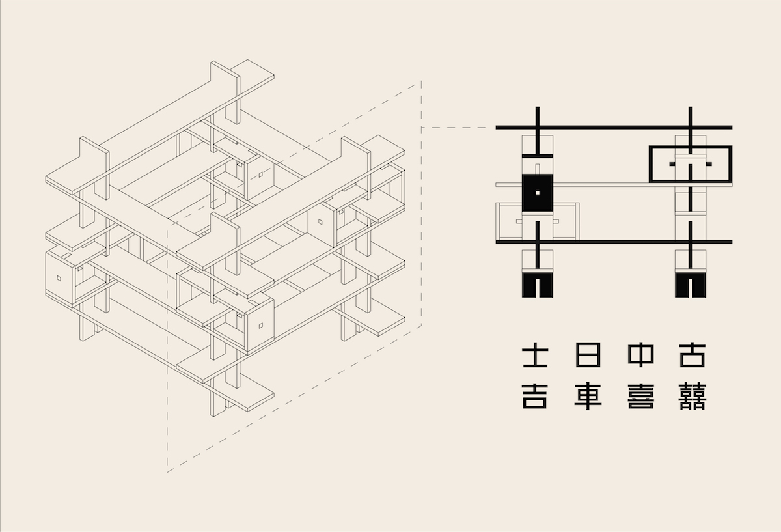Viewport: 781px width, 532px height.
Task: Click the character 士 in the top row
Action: tap(535, 355)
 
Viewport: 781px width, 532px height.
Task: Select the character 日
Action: tap(588, 355)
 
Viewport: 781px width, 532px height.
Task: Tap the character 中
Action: tap(640, 355)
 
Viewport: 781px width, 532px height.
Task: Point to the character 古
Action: tap(692, 355)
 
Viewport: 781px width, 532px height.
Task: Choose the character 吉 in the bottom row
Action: tap(535, 397)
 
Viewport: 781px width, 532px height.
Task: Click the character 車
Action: tap(588, 397)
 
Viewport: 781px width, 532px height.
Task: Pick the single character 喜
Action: tap(640, 397)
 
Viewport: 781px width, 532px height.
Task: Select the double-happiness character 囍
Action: tap(692, 397)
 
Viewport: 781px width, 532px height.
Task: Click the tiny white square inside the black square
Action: tap(538, 193)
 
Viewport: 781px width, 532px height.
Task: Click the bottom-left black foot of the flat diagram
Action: tap(538, 285)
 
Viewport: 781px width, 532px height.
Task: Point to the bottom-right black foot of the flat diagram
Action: tap(691, 285)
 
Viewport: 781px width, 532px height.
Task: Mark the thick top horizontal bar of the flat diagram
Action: tap(614, 128)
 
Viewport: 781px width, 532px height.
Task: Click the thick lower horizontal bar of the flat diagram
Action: tap(614, 242)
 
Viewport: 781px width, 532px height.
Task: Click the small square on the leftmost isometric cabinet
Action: tap(59, 279)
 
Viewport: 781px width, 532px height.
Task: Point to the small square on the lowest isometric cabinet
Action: tap(260, 326)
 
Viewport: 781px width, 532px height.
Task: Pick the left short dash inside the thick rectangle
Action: tap(672, 164)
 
